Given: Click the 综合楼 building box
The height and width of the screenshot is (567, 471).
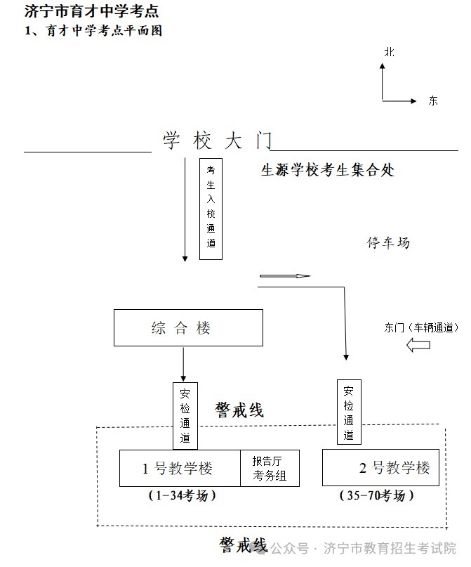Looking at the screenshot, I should pyautogui.click(x=188, y=328).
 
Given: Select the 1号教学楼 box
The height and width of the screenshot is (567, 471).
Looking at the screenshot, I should pyautogui.click(x=180, y=469).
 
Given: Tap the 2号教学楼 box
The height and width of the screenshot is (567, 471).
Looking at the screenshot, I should pyautogui.click(x=380, y=468).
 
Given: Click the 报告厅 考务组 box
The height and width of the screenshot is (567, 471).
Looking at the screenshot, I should pyautogui.click(x=270, y=469).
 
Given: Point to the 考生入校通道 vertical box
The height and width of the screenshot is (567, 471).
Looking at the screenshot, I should pyautogui.click(x=211, y=208).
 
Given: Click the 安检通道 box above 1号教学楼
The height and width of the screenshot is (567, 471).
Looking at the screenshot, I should pyautogui.click(x=185, y=415).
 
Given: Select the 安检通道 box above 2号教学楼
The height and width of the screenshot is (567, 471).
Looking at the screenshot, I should pyautogui.click(x=349, y=412).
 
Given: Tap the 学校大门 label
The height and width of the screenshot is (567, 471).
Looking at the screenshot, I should pyautogui.click(x=217, y=141).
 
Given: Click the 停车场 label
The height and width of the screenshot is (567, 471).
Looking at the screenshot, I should pyautogui.click(x=387, y=243).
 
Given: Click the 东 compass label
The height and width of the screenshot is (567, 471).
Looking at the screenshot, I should pyautogui.click(x=433, y=100).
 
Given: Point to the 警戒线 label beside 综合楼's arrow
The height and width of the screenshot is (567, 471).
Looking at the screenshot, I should pyautogui.click(x=239, y=410).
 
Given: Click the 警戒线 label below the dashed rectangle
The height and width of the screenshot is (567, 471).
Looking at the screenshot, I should pyautogui.click(x=243, y=545).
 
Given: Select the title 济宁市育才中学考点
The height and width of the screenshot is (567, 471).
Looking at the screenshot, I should pyautogui.click(x=91, y=11).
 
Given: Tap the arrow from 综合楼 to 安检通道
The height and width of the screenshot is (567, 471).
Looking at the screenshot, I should pyautogui.click(x=183, y=363).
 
